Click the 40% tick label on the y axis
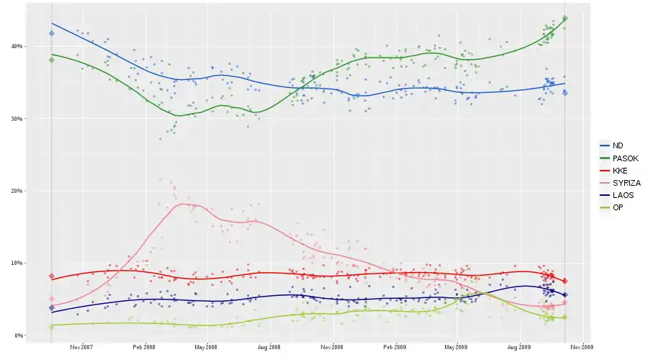17,46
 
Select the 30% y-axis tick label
17,119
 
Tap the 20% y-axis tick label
17,191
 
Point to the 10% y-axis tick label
17,263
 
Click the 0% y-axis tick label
18,336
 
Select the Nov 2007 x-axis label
82,347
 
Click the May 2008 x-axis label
206,347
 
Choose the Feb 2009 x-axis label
395,347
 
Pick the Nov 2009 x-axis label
582,347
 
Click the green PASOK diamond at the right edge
565,18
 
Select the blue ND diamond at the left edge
52,33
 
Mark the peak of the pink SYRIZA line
186,204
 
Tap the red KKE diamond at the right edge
565,281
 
